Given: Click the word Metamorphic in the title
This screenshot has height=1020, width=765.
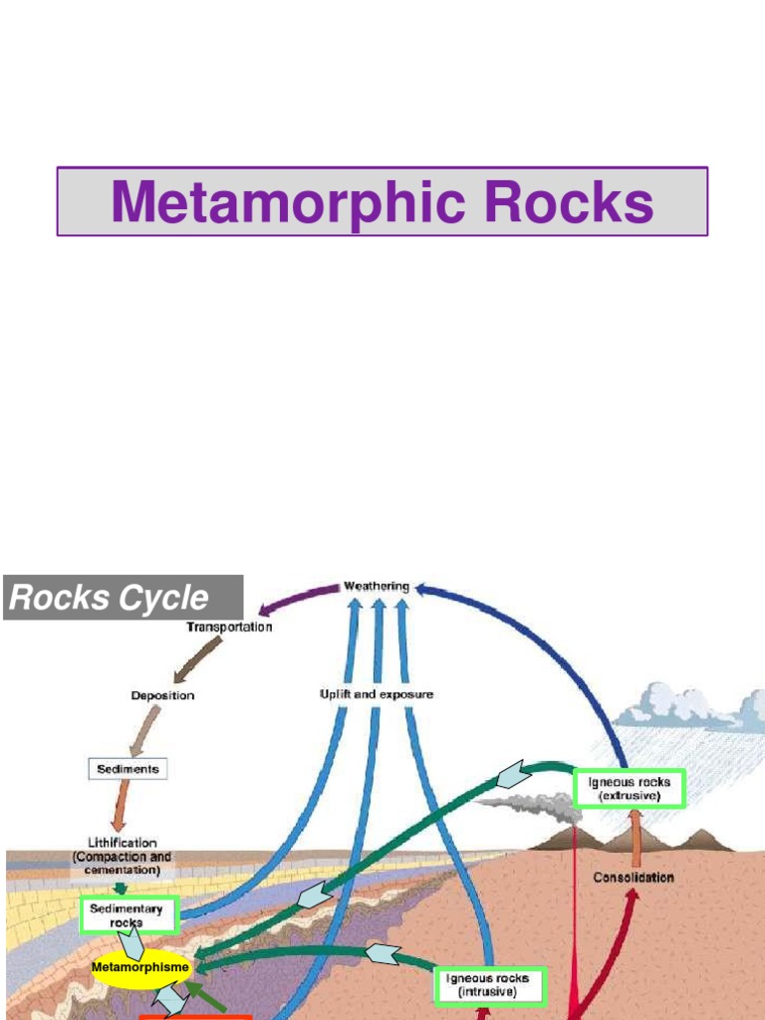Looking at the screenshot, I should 289,202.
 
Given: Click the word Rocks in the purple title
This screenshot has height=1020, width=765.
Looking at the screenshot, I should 569,202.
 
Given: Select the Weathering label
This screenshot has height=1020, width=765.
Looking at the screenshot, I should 376,587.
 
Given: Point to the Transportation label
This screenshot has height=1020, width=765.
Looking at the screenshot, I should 229,628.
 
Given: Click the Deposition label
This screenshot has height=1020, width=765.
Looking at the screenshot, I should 162,695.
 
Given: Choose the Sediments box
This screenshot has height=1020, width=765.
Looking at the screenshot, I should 127,769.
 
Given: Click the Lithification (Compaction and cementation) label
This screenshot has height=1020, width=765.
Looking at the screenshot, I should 122,856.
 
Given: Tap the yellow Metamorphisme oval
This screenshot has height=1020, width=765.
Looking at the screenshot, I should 140,966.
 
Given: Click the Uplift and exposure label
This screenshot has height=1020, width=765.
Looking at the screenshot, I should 377,693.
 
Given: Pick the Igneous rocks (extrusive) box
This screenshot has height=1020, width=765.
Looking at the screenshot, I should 630,789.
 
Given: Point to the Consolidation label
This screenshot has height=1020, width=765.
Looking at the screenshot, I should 634,878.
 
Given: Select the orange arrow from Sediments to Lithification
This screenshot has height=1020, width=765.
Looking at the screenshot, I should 122,805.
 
